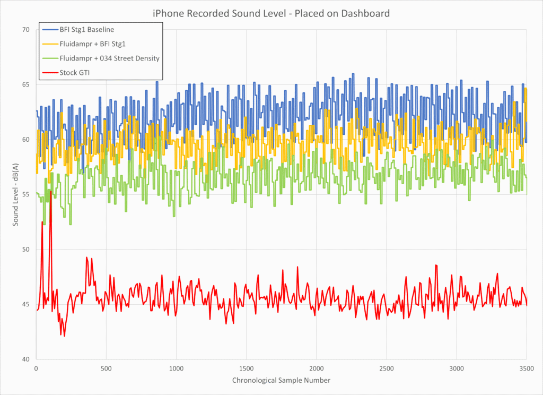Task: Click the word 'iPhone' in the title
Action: [x=169, y=13]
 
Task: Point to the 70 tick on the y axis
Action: [x=26, y=30]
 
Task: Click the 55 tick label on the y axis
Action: [x=26, y=194]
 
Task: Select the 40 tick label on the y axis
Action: [x=26, y=359]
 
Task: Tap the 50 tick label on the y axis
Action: [x=26, y=250]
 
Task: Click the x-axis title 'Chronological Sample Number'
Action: [x=281, y=380]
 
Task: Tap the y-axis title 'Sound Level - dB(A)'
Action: [x=15, y=194]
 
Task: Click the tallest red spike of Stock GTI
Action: [x=51, y=191]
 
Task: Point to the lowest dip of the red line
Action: [x=65, y=336]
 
